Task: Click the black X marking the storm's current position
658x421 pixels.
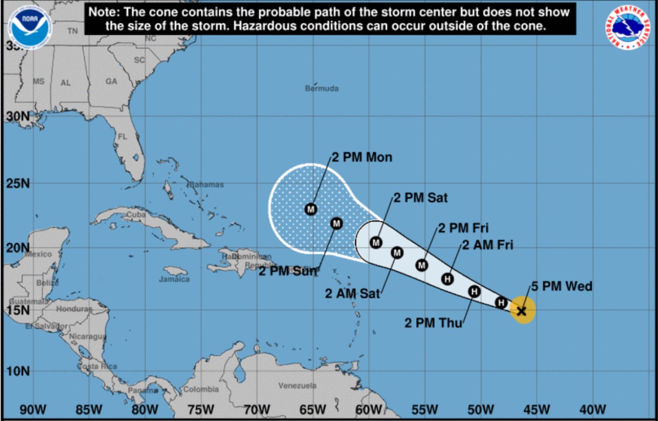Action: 522,311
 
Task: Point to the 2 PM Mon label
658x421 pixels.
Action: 362,157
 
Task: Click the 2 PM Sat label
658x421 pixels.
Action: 420,198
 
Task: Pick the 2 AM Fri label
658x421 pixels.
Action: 487,245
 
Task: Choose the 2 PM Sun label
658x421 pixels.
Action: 288,271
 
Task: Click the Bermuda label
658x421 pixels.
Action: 322,88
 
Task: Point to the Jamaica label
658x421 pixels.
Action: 174,279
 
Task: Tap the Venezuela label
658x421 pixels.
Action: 297,386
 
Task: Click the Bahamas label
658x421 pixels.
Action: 207,185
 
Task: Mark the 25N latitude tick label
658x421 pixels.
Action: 18,183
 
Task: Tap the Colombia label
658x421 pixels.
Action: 200,389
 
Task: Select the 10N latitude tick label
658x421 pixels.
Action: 18,371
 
